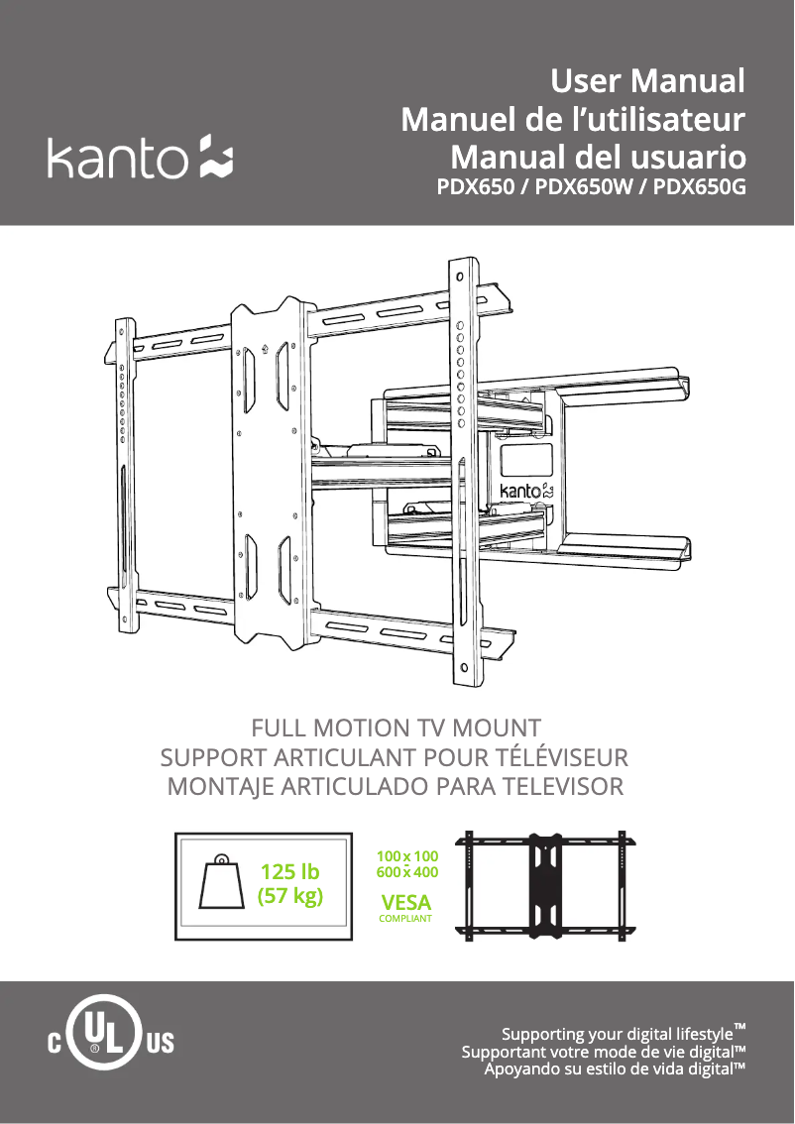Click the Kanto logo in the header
tap(140, 157)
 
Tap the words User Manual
tap(647, 81)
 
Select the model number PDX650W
tap(584, 187)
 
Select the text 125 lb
tap(289, 871)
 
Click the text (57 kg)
tap(289, 896)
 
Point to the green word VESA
tap(405, 902)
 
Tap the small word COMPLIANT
tap(405, 918)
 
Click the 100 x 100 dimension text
tap(407, 856)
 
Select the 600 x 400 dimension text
tap(407, 872)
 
